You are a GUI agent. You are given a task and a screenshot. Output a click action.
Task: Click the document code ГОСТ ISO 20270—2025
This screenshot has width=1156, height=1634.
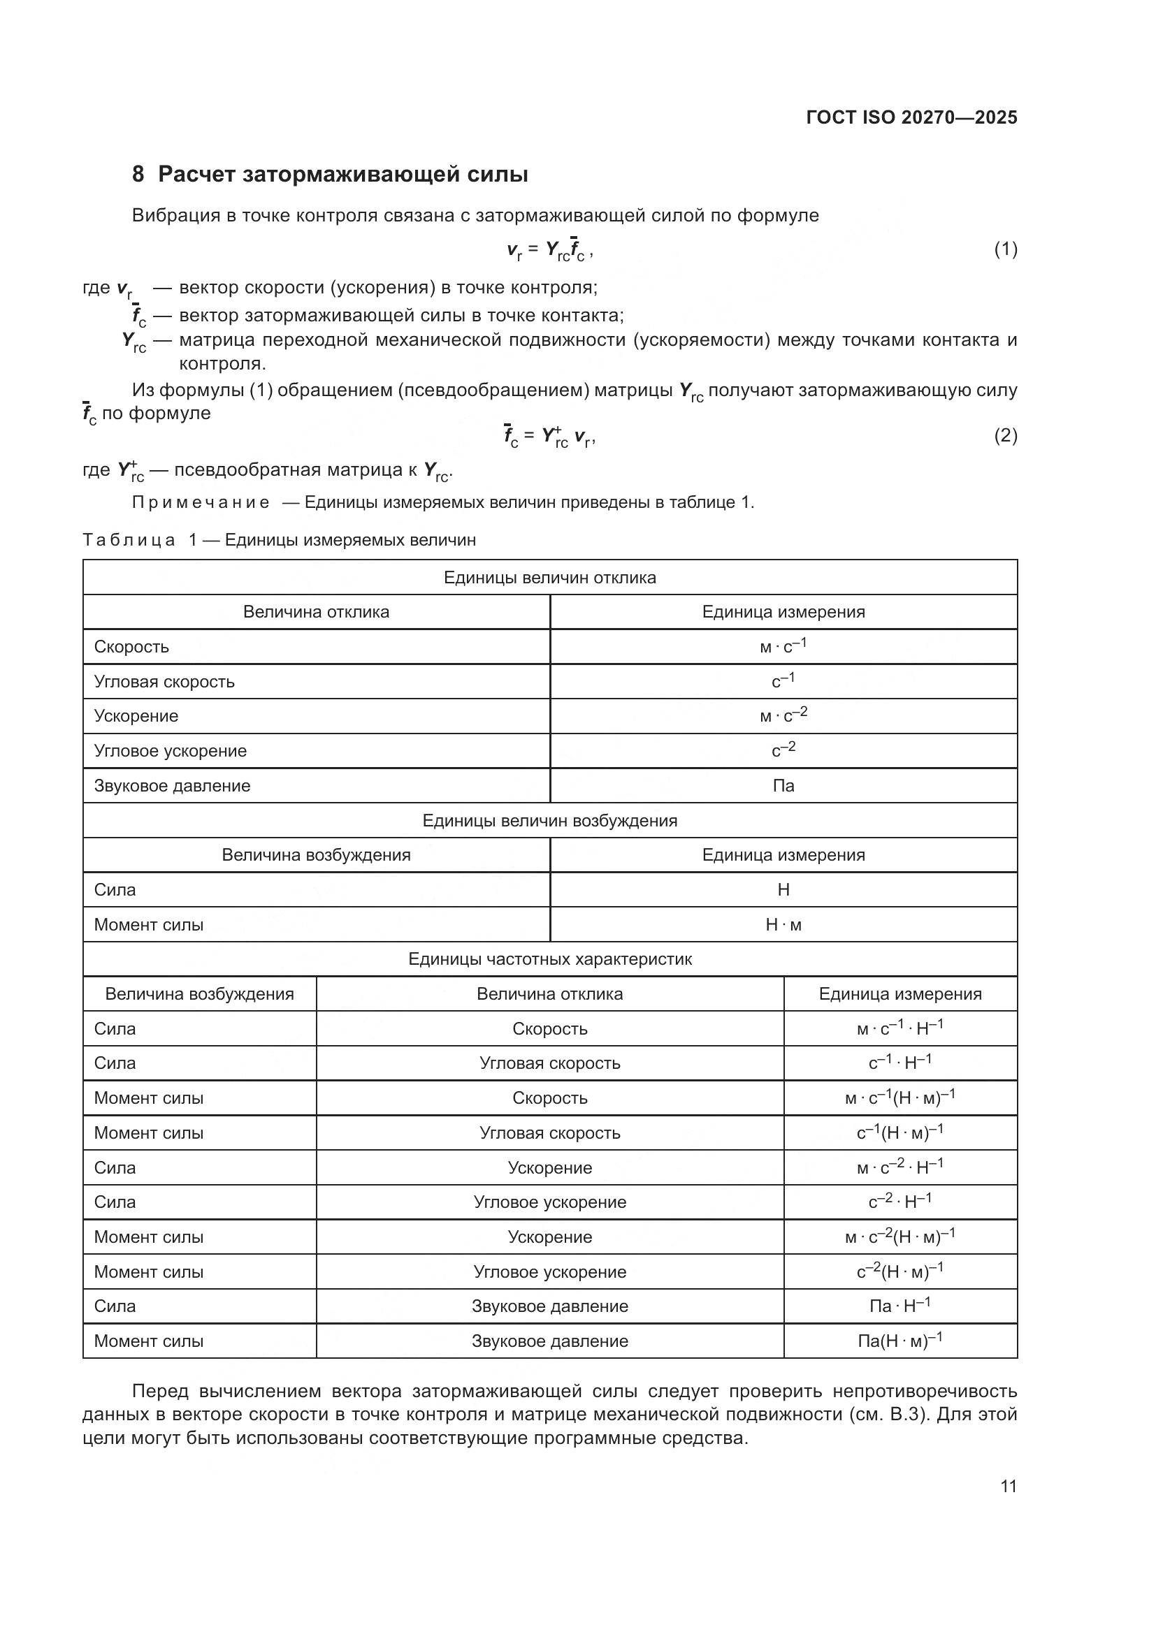click(911, 117)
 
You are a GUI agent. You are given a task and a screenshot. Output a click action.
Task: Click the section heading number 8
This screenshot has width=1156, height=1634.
click(138, 175)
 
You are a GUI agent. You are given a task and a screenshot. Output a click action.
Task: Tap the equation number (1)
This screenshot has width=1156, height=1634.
click(1005, 249)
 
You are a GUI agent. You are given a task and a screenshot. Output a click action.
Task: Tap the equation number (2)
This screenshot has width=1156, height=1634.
click(1005, 435)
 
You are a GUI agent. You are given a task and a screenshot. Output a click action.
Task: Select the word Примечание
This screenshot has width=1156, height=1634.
click(201, 502)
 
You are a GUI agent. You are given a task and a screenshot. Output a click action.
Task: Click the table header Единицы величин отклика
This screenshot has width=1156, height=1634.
click(549, 577)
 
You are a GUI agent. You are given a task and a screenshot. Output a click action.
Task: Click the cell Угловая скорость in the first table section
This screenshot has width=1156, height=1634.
click(164, 682)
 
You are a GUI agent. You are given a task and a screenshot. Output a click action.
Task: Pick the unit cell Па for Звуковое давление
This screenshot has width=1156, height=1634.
click(783, 786)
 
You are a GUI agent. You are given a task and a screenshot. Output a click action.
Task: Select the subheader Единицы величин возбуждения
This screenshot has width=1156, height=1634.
click(549, 821)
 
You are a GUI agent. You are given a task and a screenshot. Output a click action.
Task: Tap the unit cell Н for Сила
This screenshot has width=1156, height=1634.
click(783, 889)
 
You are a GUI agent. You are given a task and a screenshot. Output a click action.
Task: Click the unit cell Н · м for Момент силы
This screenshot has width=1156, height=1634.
click(783, 924)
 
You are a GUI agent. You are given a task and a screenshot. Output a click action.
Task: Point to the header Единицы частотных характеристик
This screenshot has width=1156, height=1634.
click(549, 959)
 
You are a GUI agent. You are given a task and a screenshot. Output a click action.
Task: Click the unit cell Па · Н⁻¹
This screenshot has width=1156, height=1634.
click(899, 1306)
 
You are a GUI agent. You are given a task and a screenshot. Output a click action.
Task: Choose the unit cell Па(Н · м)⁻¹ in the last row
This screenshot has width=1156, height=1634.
click(899, 1341)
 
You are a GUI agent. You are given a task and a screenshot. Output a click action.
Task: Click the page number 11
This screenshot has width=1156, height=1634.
click(1008, 1487)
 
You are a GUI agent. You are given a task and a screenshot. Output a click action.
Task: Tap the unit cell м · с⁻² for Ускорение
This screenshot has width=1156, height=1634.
click(783, 716)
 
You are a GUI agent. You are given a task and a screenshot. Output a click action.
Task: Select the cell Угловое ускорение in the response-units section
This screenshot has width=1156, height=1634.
click(171, 751)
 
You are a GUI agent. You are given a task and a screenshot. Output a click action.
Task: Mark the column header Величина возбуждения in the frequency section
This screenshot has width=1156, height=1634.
click(199, 994)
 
